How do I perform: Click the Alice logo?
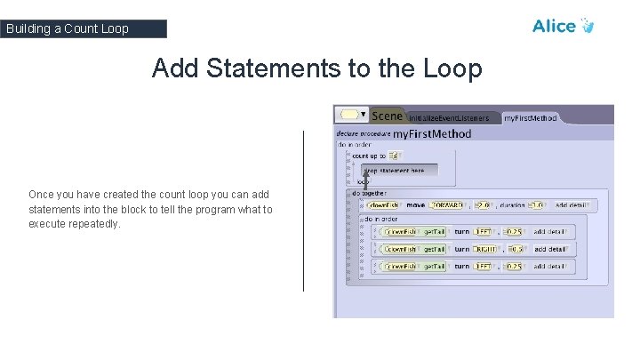tap(562, 26)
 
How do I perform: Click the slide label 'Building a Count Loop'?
tap(68, 28)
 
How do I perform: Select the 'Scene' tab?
tap(387, 116)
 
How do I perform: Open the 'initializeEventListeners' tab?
tap(449, 117)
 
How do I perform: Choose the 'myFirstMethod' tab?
tap(530, 117)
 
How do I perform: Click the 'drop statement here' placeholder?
tap(394, 170)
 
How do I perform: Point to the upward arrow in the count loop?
tap(364, 178)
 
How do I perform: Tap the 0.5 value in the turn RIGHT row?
tap(515, 249)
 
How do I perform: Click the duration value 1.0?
tap(535, 205)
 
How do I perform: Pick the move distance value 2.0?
tap(483, 205)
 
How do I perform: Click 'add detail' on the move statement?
tap(572, 205)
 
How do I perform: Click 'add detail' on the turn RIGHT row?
tap(550, 249)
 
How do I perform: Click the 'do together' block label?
tap(369, 192)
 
